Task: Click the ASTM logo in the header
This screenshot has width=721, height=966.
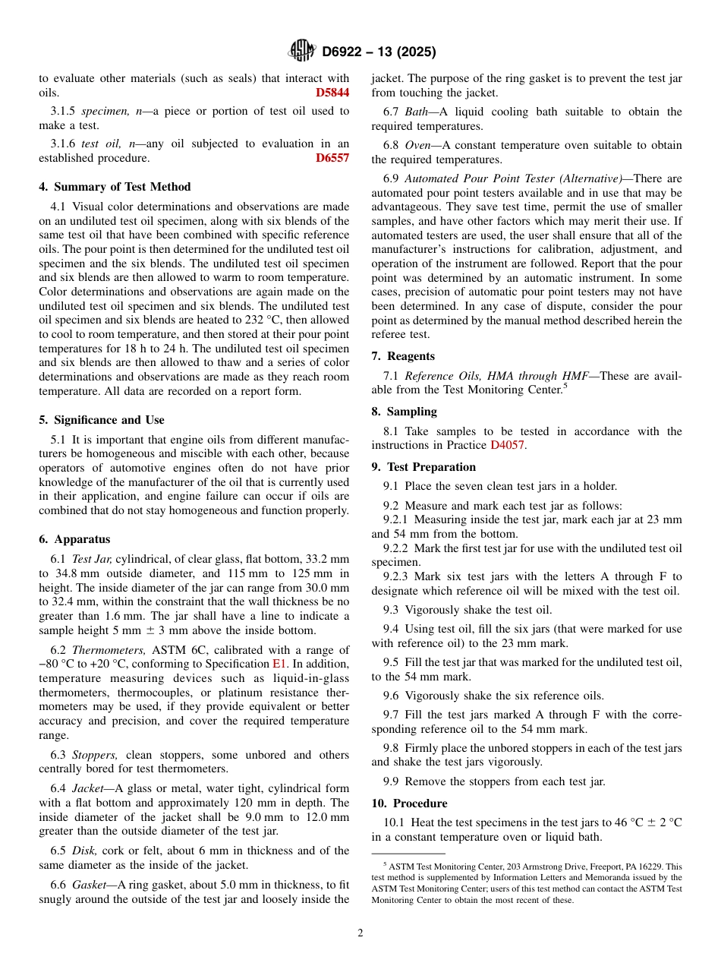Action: click(301, 51)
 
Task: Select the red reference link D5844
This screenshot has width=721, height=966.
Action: click(332, 93)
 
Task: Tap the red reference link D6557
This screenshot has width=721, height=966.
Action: click(332, 158)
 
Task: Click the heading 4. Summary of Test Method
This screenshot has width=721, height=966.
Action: click(115, 187)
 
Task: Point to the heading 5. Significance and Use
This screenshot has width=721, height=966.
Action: click(102, 420)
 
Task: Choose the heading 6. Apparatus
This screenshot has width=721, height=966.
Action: click(74, 539)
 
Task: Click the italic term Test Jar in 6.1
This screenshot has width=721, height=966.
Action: click(92, 558)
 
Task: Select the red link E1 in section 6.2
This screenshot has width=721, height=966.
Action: click(280, 664)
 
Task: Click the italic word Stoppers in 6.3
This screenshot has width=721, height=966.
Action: click(96, 755)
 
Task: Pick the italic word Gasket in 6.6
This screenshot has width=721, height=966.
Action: click(90, 885)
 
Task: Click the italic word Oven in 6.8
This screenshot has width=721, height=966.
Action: click(418, 145)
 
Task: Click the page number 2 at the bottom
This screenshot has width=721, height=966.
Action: click(360, 933)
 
